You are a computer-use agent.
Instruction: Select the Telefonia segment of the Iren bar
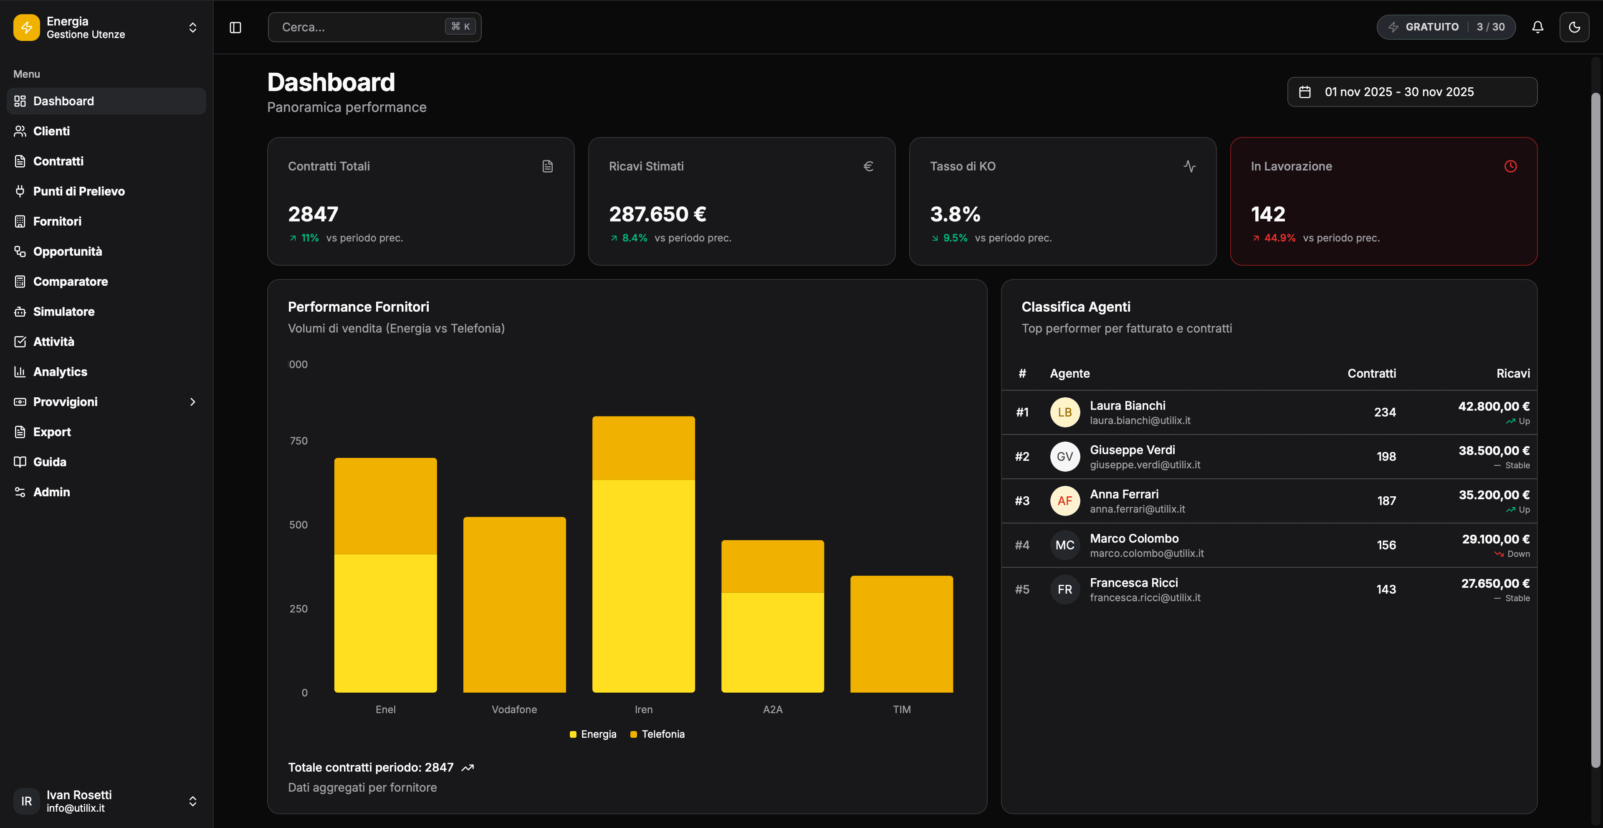[643, 448]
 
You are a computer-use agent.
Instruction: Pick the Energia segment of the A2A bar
[772, 641]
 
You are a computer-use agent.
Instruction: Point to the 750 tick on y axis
[299, 441]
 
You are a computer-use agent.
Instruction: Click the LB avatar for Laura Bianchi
[1065, 412]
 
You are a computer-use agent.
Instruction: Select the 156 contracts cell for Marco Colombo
[1386, 545]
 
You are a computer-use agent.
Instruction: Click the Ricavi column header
[1513, 373]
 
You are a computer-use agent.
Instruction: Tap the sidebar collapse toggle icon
[235, 28]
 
